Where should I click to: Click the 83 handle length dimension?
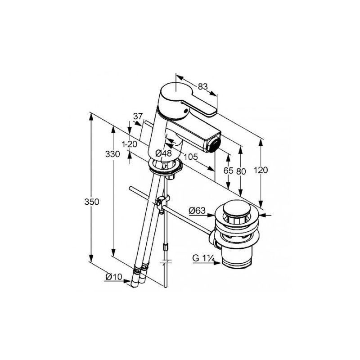(203, 86)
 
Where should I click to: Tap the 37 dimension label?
(138, 116)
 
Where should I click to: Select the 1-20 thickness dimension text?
(130, 144)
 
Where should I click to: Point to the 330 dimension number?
(112, 154)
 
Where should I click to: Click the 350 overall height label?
(92, 202)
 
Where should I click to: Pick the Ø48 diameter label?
(163, 153)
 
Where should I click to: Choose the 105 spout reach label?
(190, 157)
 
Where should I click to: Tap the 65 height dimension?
(228, 171)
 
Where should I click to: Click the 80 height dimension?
(241, 171)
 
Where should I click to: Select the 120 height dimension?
(261, 170)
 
